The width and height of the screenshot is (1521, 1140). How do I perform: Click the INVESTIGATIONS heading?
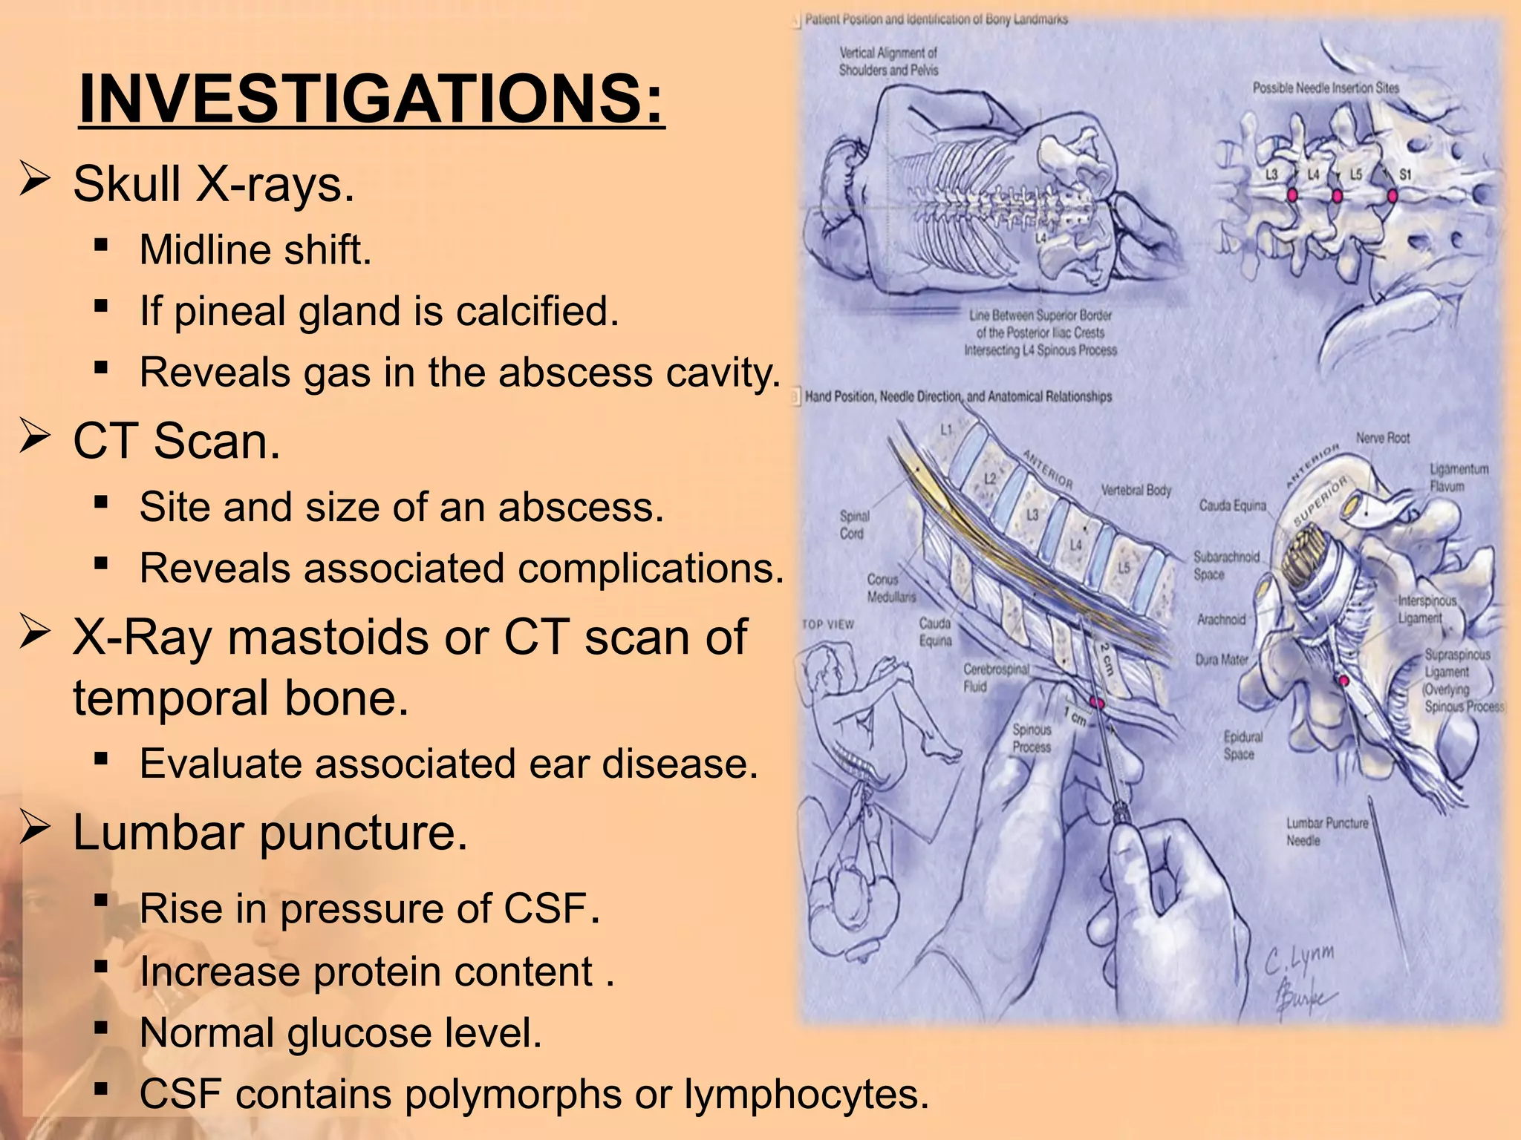pos(371,99)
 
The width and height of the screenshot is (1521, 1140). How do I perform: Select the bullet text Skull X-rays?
pos(213,183)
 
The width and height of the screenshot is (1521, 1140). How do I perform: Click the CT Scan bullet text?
pos(176,441)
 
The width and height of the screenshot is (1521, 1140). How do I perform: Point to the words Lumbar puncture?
pos(270,833)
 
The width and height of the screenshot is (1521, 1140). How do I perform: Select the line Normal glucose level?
pos(340,1032)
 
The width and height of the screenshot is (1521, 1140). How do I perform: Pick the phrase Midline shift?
pos(255,249)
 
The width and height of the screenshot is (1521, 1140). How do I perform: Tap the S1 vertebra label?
pos(1405,175)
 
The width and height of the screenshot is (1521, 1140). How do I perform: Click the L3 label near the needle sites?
pos(1272,175)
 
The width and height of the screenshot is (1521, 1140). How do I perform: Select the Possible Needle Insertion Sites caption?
pos(1326,88)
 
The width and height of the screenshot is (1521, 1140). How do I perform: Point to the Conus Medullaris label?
pos(890,588)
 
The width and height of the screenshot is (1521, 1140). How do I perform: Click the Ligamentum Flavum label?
pos(1458,477)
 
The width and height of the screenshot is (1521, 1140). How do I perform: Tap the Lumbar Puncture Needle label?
pos(1326,831)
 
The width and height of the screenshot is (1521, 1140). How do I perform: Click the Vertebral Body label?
pos(1136,490)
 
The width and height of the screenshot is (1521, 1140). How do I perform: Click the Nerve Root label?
pos(1382,438)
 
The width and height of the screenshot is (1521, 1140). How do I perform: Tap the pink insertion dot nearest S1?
pos(1392,197)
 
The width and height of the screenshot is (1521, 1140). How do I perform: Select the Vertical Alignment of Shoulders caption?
pos(888,62)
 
